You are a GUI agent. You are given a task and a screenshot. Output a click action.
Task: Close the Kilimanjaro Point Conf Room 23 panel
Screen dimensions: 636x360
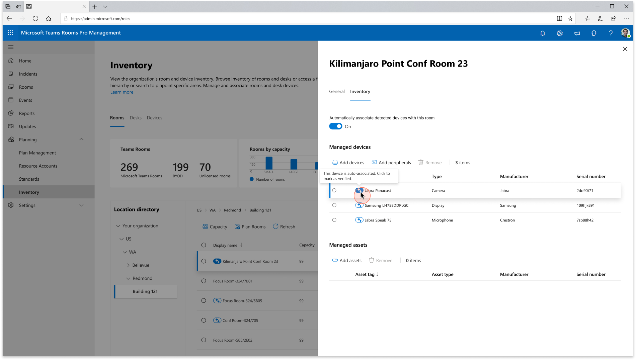pos(625,49)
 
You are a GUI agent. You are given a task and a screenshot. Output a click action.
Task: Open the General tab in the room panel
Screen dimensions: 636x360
pos(337,91)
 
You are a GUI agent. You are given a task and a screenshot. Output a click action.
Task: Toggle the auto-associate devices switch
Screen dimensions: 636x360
pos(336,126)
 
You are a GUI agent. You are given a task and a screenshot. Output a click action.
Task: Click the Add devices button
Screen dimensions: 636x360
pos(348,163)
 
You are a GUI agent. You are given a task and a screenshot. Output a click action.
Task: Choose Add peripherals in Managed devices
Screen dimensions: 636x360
pos(391,163)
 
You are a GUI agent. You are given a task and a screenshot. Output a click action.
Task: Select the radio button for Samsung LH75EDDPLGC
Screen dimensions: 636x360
pos(334,205)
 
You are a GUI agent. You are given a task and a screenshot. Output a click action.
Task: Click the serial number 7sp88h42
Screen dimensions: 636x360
pos(585,220)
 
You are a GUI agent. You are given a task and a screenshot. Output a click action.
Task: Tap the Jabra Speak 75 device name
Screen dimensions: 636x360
pos(378,220)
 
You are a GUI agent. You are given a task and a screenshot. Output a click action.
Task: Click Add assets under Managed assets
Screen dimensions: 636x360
pos(347,261)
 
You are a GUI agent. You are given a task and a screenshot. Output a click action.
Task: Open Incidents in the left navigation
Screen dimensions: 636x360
pos(28,74)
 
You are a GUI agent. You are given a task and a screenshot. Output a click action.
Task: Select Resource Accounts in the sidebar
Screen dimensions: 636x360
pos(38,166)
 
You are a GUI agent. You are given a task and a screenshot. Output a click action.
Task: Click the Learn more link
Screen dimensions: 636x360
pos(122,92)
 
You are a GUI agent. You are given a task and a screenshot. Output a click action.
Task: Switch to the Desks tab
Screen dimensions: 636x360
pos(136,118)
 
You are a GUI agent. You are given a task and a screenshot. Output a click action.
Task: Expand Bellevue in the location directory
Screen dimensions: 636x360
pos(128,265)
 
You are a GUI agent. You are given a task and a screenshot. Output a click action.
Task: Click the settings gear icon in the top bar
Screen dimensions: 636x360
pos(560,33)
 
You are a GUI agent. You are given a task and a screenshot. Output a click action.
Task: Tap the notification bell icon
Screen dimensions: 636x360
pos(543,33)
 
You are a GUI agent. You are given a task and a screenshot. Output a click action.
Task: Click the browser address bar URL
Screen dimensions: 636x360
pos(100,19)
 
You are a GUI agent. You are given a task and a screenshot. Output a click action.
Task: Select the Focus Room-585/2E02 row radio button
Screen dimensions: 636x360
pos(204,340)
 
